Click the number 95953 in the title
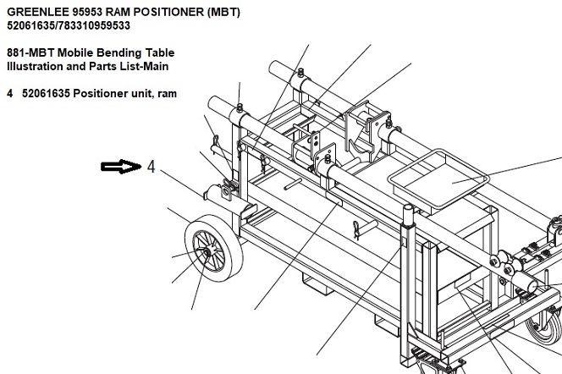(x=89, y=12)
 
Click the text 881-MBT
(x=29, y=52)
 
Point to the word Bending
(x=118, y=52)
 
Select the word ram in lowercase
(x=167, y=93)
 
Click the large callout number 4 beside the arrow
(x=151, y=167)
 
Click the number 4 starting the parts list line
(x=9, y=93)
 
